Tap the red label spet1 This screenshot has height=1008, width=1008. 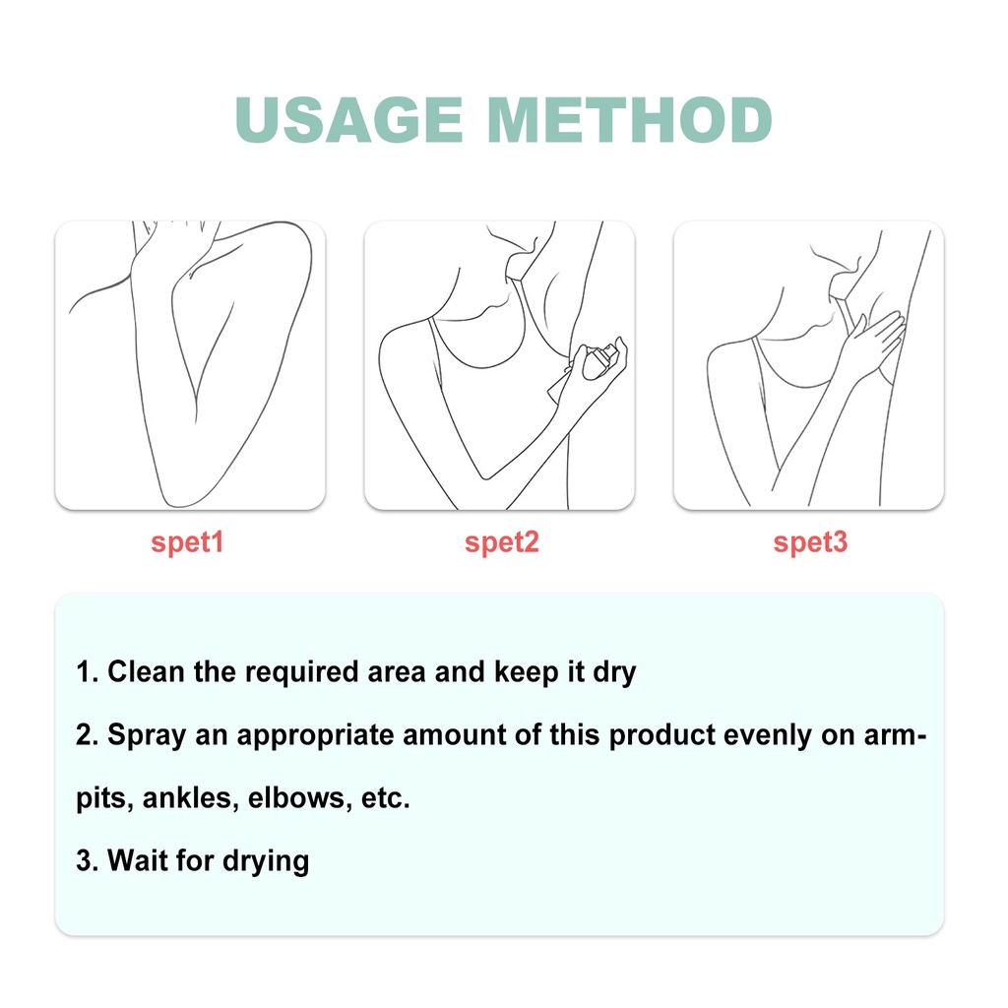(x=187, y=542)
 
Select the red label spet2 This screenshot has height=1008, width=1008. (x=501, y=542)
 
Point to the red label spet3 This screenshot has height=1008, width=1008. (x=810, y=542)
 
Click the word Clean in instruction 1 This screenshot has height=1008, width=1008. (x=146, y=671)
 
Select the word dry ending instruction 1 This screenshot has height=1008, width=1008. (x=614, y=673)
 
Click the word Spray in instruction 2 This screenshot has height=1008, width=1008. (x=147, y=735)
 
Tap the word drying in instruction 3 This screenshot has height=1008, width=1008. (x=266, y=862)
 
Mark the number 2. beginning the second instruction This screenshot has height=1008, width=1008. (x=87, y=734)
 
